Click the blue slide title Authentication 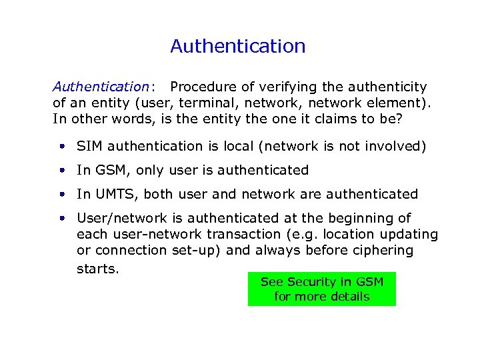238,46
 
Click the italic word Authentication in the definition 101,87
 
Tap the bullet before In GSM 61,170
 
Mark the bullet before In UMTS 61,194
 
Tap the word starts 97,269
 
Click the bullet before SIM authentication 61,146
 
